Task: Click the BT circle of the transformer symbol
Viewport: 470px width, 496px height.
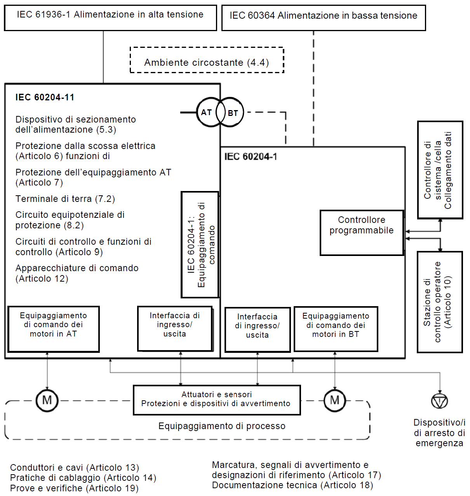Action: [x=233, y=113]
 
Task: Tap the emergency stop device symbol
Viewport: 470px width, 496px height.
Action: [x=439, y=401]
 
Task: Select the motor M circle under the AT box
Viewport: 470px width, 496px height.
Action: [x=47, y=400]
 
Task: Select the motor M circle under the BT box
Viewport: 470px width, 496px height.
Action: [x=334, y=400]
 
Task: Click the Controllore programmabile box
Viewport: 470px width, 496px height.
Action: [x=362, y=233]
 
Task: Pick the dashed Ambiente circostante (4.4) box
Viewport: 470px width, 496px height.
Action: [x=207, y=60]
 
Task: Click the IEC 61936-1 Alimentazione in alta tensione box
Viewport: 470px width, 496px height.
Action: [x=110, y=18]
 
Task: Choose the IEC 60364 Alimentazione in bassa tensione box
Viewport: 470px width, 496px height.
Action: [x=323, y=18]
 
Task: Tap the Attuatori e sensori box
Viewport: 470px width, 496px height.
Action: [x=217, y=400]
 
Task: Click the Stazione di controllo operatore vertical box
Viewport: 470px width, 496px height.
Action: [x=439, y=302]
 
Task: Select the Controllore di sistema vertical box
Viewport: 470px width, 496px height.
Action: [x=440, y=170]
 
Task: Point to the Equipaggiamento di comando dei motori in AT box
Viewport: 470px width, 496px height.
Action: [x=54, y=329]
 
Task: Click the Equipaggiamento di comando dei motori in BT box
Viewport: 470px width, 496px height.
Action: [x=336, y=329]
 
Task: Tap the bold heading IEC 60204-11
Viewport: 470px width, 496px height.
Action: [x=45, y=97]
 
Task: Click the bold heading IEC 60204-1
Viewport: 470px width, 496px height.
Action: [x=251, y=157]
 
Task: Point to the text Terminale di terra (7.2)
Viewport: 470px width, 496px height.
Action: [x=65, y=199]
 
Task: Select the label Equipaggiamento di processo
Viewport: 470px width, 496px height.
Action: [x=222, y=426]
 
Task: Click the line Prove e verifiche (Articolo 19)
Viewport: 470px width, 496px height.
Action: [x=74, y=488]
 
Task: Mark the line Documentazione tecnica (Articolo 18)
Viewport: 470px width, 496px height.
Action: [x=292, y=485]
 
